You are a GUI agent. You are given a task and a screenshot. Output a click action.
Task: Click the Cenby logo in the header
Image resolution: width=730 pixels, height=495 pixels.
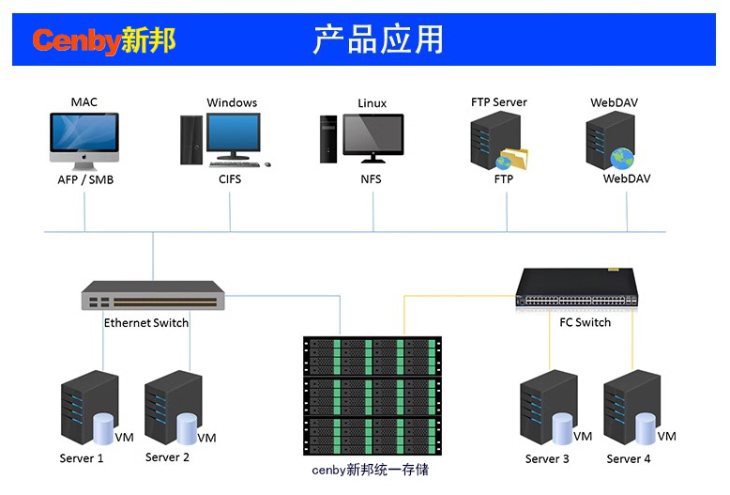[x=103, y=40]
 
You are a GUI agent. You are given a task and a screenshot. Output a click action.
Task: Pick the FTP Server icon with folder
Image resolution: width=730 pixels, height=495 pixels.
[x=499, y=141]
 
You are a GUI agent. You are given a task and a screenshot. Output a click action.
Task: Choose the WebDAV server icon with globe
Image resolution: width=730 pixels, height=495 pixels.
[x=611, y=140]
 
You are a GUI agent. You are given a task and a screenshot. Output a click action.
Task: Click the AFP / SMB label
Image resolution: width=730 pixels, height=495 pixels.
[x=85, y=178]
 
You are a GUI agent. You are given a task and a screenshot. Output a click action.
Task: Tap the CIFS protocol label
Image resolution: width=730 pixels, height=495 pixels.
[x=230, y=178]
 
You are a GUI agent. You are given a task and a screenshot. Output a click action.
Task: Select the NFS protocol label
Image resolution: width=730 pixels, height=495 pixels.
[x=372, y=178]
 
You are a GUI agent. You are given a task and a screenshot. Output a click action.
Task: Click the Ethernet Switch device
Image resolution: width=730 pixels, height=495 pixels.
[x=153, y=297]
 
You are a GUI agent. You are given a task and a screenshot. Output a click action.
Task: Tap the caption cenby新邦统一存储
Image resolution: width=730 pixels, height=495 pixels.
[x=370, y=470]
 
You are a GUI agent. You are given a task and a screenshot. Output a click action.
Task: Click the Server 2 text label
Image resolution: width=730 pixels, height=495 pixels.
[x=168, y=457]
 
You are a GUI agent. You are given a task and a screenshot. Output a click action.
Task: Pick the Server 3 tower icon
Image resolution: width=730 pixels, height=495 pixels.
[x=547, y=410]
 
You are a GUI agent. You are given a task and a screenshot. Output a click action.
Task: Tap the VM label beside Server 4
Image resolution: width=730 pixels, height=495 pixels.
[x=666, y=436]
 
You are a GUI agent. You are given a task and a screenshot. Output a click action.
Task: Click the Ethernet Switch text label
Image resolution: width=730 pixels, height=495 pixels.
[x=146, y=322]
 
